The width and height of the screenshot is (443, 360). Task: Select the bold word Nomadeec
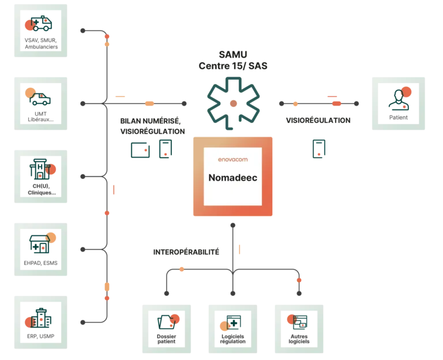coord(233,177)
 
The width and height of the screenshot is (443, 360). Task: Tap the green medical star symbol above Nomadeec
coord(234,101)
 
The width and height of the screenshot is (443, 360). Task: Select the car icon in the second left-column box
coord(40,97)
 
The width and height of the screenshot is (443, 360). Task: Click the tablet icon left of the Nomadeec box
coord(141,149)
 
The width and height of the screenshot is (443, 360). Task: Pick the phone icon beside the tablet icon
coord(165,149)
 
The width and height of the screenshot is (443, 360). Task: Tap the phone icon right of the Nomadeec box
coord(318,149)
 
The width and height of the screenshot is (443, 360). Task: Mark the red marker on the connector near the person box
coord(336,103)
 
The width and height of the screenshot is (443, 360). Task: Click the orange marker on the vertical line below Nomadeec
coord(240,249)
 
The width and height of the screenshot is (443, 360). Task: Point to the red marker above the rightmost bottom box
coord(299,280)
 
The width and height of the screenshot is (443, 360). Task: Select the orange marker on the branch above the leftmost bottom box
coord(181,269)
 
